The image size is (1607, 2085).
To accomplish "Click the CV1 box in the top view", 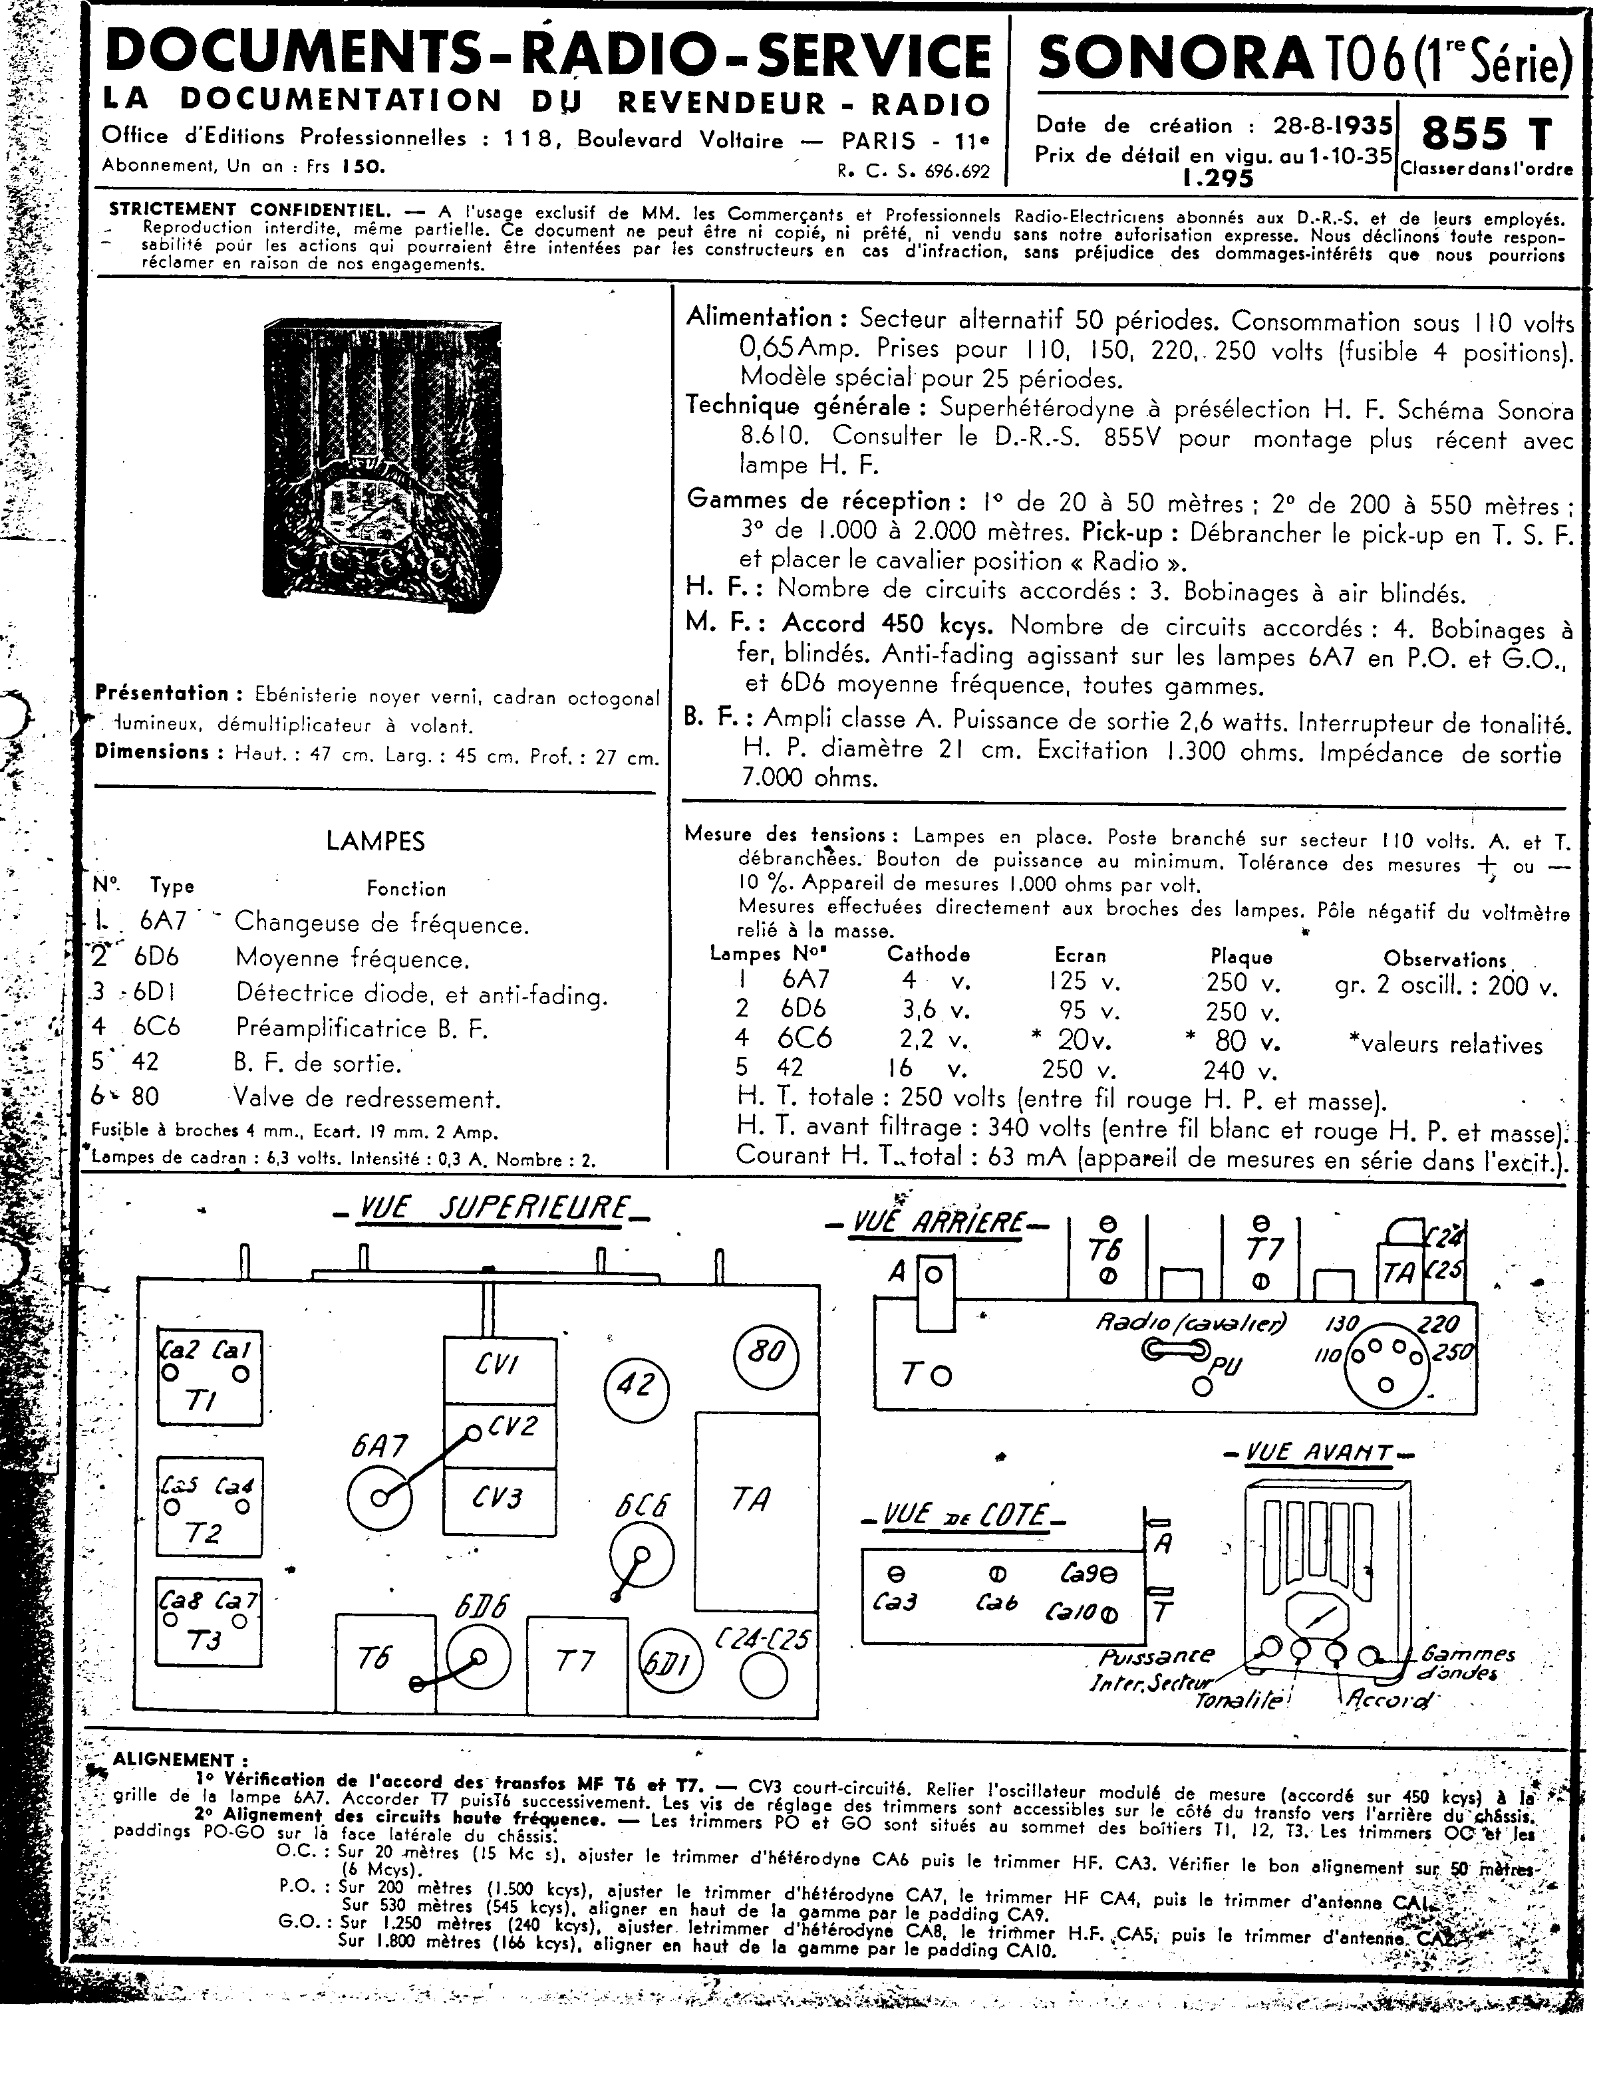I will click(498, 1366).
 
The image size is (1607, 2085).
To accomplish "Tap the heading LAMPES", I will click(375, 841).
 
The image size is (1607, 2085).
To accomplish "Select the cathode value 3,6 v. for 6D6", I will click(921, 1009).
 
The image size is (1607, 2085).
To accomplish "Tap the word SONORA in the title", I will click(1175, 59).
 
